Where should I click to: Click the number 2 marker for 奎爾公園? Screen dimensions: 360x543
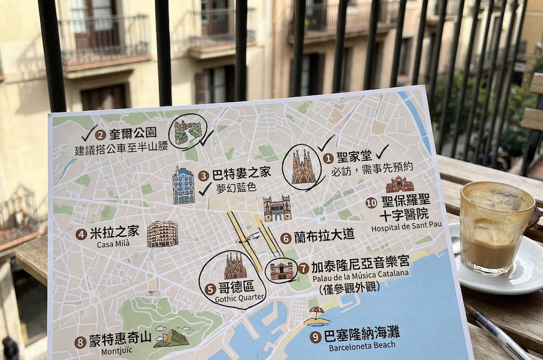point(100,135)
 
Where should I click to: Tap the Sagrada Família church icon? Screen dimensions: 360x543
point(304,167)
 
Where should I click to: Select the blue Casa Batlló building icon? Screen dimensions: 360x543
point(184,186)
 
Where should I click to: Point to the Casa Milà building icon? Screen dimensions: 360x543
point(162,234)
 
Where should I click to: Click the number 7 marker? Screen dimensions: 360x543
point(304,268)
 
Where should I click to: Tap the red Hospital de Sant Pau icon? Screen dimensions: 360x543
point(400,185)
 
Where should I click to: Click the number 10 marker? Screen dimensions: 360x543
point(371,203)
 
